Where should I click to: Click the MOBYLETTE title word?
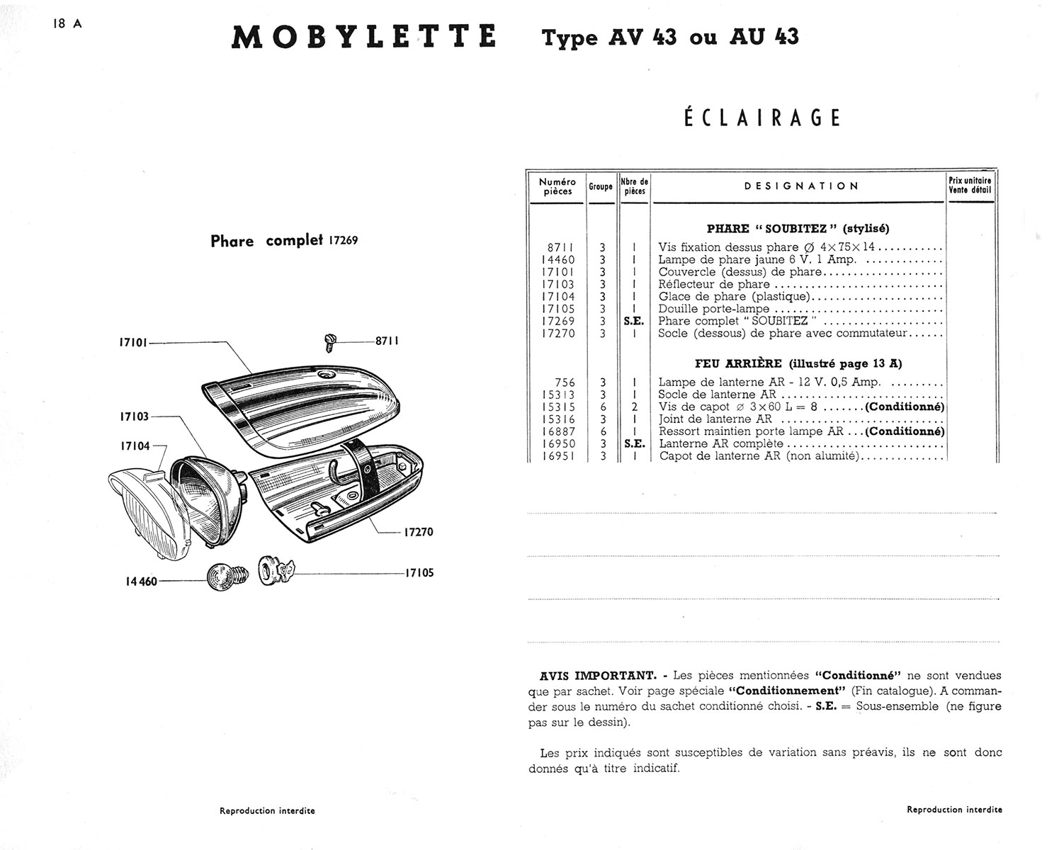(x=363, y=37)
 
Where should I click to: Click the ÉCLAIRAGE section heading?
(x=762, y=118)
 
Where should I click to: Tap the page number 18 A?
(x=67, y=23)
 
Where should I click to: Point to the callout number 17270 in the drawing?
(x=418, y=532)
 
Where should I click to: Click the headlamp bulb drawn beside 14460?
(x=226, y=578)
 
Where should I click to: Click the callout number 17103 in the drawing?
(x=134, y=416)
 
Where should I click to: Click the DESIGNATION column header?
(x=801, y=186)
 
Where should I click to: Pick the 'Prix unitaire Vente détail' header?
(x=970, y=186)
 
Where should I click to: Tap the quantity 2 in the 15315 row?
(x=635, y=407)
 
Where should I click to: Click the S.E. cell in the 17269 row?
(x=634, y=321)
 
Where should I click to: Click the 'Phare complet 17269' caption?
(x=284, y=241)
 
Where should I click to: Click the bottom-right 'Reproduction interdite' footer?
(x=954, y=810)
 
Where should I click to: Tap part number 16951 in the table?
(x=558, y=456)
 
